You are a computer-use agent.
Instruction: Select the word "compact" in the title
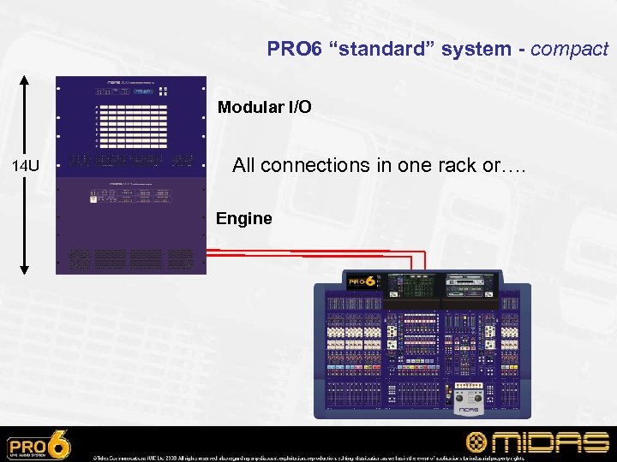pos(569,49)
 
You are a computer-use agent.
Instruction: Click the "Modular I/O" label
pos(264,108)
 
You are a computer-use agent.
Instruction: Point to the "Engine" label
pos(243,218)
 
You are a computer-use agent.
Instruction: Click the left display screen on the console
pos(409,285)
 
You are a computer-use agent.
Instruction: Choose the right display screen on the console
pos(466,285)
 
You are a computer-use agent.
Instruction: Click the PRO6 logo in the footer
pos(39,445)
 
